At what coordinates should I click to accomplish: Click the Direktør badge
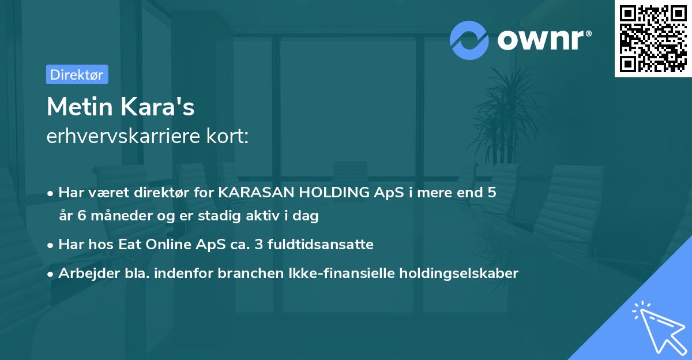[77, 74]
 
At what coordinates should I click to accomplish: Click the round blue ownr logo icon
[469, 40]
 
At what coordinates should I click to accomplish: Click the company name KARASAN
[252, 193]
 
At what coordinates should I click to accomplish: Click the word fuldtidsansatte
[318, 245]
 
